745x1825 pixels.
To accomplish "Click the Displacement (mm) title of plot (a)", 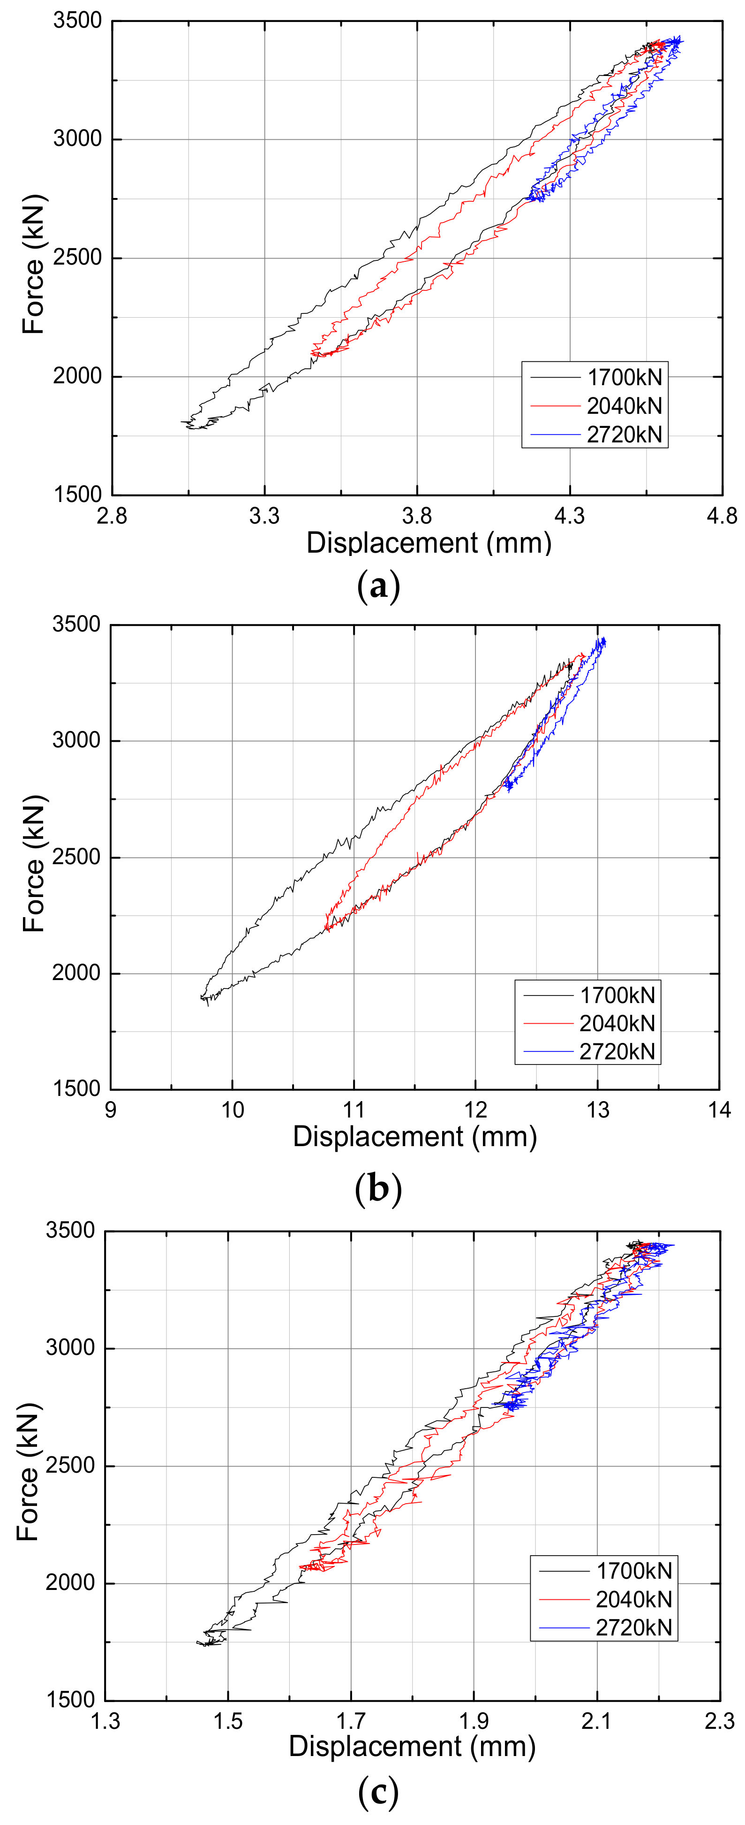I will coord(429,543).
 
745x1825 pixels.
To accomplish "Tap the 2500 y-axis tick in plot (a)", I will coord(78,258).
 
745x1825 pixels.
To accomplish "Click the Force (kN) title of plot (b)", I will coord(34,864).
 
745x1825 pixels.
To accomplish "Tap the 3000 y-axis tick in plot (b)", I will coord(76,740).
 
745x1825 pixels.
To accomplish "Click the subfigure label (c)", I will coord(378,1793).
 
